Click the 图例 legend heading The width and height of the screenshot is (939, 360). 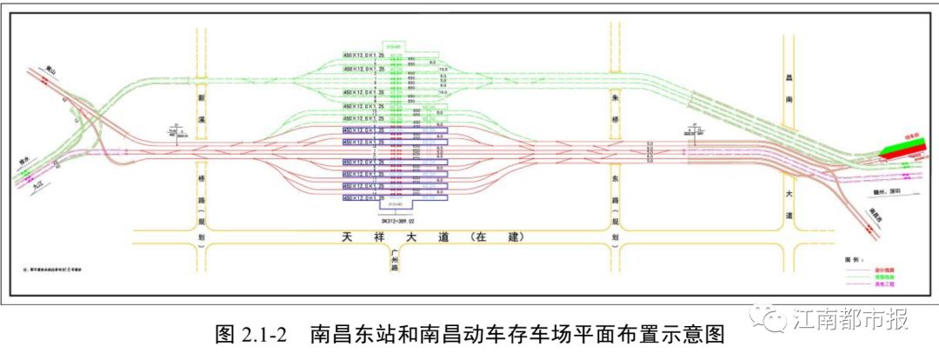(853, 260)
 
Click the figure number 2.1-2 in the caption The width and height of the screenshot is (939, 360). (262, 335)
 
